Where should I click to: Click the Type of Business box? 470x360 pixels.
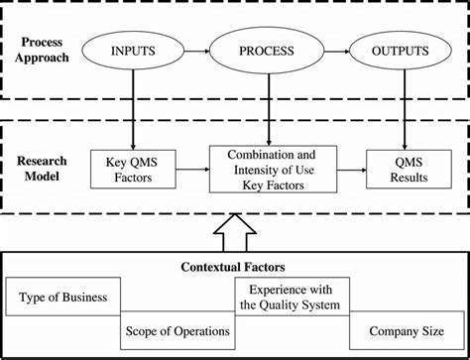pyautogui.click(x=64, y=296)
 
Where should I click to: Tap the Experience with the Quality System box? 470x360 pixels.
pyautogui.click(x=291, y=296)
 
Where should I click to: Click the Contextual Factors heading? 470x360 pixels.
pyautogui.click(x=235, y=266)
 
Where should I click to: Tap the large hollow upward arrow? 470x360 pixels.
pyautogui.click(x=235, y=233)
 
